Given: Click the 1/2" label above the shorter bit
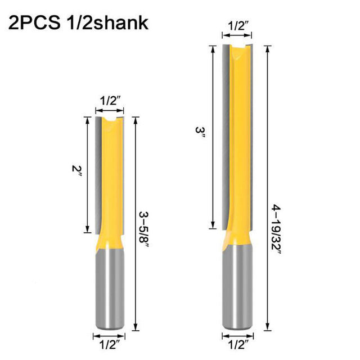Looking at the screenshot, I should (110, 101).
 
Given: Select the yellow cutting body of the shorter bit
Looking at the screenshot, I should (112, 180).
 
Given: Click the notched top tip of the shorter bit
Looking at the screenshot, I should (110, 119).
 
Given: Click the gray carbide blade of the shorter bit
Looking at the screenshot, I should (99, 169).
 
